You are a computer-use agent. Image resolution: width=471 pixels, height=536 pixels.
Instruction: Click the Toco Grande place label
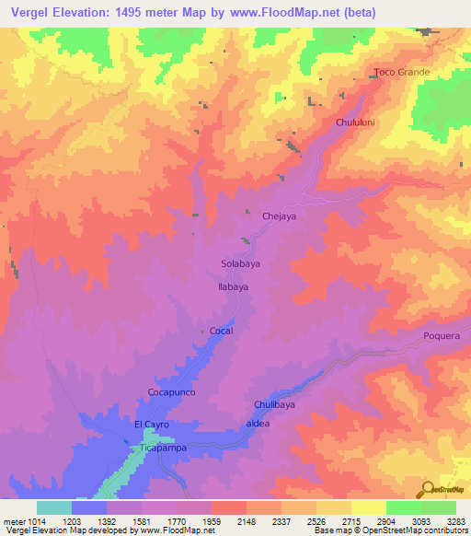coord(401,72)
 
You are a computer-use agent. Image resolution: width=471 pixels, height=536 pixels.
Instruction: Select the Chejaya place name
coord(281,216)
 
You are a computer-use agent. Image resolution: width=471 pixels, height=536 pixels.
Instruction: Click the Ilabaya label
coord(234,286)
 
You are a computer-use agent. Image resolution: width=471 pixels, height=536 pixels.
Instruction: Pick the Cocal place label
coord(222,331)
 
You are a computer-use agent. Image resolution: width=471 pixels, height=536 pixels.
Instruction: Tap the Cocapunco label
coord(173,392)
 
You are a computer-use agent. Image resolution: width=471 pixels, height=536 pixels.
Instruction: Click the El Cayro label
coord(151,425)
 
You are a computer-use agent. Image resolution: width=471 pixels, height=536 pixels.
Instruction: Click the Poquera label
coord(441,336)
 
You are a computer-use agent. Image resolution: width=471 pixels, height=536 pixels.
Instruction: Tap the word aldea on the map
coord(258,424)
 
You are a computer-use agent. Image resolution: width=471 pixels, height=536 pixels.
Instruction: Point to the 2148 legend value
coord(246,519)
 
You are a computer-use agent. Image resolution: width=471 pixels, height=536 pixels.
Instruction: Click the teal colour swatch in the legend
coord(54,507)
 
